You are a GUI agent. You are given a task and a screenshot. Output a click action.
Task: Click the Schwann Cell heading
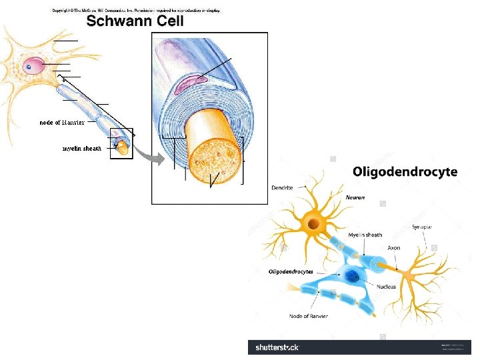pyautogui.click(x=135, y=21)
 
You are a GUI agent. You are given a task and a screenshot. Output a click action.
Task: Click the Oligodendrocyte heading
pyautogui.click(x=405, y=172)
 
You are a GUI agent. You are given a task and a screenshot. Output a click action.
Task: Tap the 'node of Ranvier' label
pyautogui.click(x=61, y=123)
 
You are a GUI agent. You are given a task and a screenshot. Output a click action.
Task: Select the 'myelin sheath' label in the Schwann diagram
pyautogui.click(x=81, y=148)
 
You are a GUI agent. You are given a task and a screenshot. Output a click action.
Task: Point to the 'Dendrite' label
pyautogui.click(x=283, y=188)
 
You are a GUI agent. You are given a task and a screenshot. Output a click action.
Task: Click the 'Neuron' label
pyautogui.click(x=355, y=198)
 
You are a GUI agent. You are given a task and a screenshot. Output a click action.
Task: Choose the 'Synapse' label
pyautogui.click(x=421, y=227)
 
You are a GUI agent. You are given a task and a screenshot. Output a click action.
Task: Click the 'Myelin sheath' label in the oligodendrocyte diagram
pyautogui.click(x=365, y=235)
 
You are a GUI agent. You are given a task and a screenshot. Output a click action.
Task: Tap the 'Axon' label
pyautogui.click(x=394, y=248)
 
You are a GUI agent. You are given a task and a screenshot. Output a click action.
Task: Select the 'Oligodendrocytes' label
pyautogui.click(x=291, y=272)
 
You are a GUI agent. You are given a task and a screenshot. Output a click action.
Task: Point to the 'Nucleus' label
pyautogui.click(x=386, y=287)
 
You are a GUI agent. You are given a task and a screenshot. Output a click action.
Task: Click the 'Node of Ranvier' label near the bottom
pyautogui.click(x=308, y=316)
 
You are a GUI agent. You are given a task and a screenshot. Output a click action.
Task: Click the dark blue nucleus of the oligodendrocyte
pyautogui.click(x=352, y=276)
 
